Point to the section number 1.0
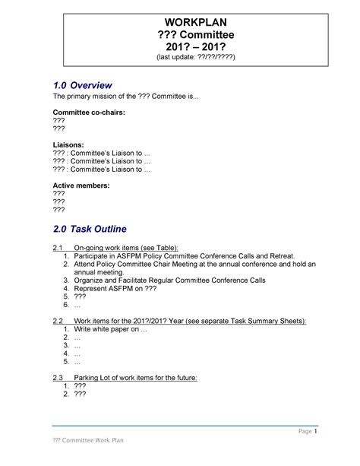[x=62, y=85]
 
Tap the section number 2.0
[x=62, y=229]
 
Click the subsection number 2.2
[x=57, y=322]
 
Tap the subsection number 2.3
[x=57, y=378]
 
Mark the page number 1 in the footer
[x=315, y=433]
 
